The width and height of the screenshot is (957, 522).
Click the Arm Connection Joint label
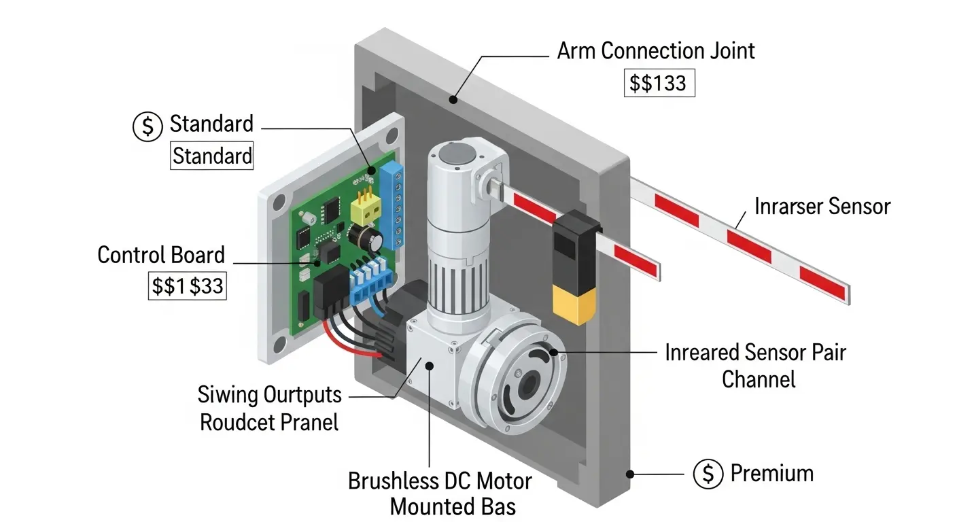coord(655,51)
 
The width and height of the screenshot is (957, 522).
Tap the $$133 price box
coord(659,84)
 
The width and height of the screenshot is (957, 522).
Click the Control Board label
coord(161,256)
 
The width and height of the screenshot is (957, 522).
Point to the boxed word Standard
coord(211,156)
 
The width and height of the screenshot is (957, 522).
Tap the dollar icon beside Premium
coord(708,474)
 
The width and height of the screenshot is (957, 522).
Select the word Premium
coord(771,474)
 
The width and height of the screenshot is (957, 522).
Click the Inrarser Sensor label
coord(822,206)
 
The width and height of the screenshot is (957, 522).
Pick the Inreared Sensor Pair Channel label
coord(755,366)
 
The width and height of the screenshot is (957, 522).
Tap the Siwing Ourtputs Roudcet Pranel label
coord(268,408)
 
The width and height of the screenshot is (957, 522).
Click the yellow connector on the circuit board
coord(364,207)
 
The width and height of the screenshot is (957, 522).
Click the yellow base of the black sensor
coord(571,304)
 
